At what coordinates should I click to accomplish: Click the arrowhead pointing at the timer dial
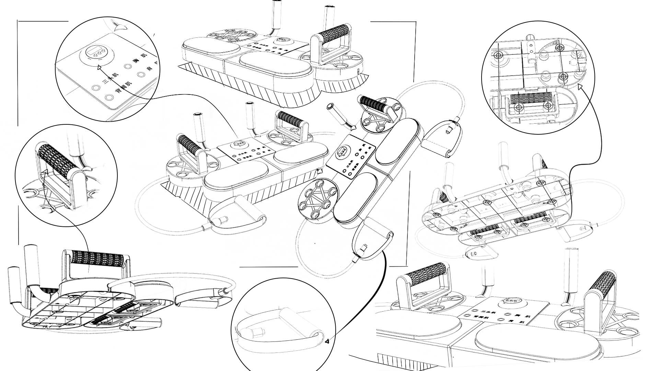(x=99, y=68)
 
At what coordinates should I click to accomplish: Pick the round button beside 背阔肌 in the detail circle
(x=110, y=98)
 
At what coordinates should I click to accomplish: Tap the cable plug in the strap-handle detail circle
(x=256, y=332)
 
